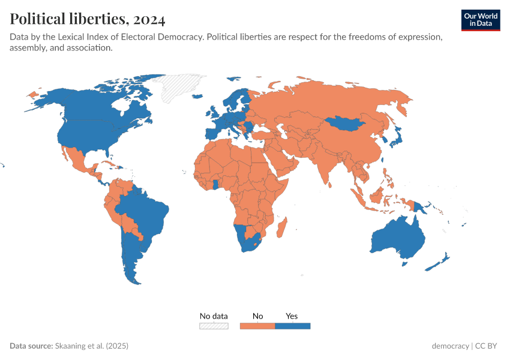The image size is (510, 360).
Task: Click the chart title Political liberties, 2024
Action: (x=88, y=19)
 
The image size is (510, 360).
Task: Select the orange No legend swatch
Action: (x=257, y=326)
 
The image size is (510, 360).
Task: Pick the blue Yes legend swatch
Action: (x=292, y=326)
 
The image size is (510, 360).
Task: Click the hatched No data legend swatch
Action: (x=214, y=326)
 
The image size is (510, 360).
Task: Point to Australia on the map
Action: (x=398, y=239)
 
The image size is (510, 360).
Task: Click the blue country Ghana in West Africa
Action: (x=214, y=184)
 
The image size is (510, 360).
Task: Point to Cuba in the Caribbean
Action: (x=108, y=164)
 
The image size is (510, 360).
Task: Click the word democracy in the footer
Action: (x=450, y=346)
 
